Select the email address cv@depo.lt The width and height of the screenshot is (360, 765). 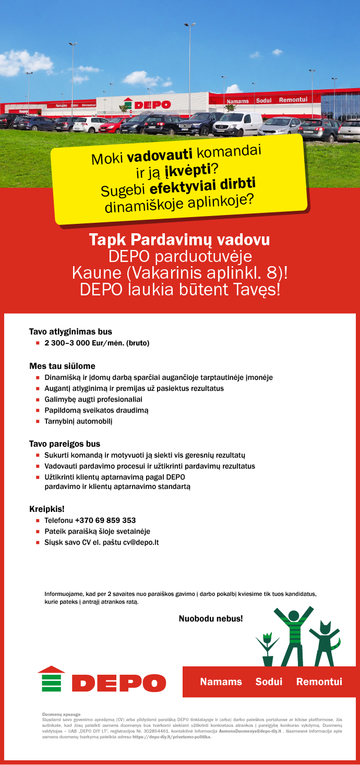click(141, 542)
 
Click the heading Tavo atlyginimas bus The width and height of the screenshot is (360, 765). click(70, 331)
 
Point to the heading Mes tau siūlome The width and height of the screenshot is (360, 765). click(62, 366)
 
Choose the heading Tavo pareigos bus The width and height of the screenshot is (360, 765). click(64, 444)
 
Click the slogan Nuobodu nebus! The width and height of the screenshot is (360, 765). click(211, 619)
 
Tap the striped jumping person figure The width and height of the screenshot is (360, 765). click(293, 637)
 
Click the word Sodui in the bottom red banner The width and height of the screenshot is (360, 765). click(269, 682)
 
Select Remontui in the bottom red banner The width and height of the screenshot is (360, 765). click(319, 682)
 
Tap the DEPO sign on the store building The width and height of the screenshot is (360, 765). click(148, 104)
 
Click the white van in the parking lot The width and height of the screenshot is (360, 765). click(237, 124)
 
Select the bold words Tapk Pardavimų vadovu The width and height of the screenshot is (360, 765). click(179, 240)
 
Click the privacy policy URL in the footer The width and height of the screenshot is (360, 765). click(172, 737)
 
